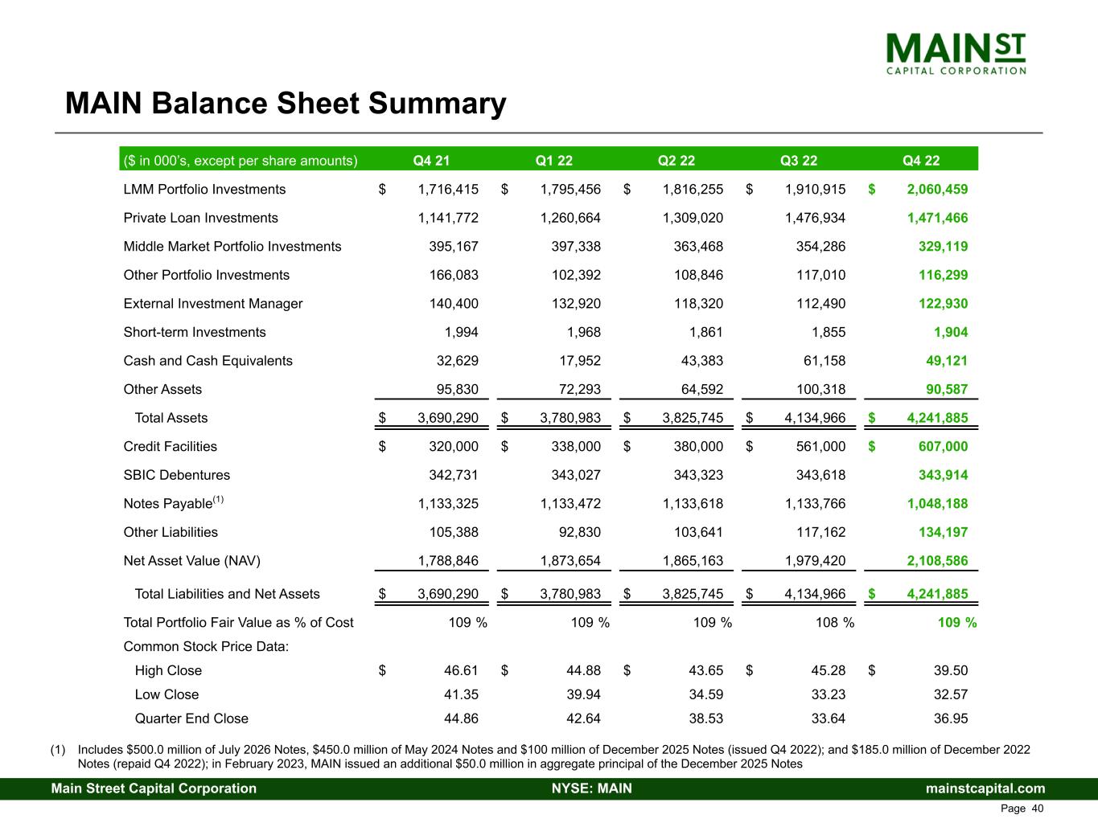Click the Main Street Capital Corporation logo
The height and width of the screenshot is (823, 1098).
tap(956, 53)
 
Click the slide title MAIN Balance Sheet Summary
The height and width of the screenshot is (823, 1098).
tap(286, 104)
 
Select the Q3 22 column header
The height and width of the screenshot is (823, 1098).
tap(798, 160)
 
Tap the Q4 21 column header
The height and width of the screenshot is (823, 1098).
tap(431, 160)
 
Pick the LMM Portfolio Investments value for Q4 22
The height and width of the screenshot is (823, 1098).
tap(937, 190)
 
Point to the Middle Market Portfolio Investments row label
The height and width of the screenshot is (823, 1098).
tap(232, 247)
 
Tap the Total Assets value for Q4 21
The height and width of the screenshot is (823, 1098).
tap(448, 418)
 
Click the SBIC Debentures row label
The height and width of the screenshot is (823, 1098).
tap(176, 475)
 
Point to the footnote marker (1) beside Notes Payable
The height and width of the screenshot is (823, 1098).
tap(218, 500)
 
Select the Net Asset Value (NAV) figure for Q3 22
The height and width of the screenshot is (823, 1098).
tap(815, 561)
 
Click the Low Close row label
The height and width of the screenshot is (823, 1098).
tap(167, 694)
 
